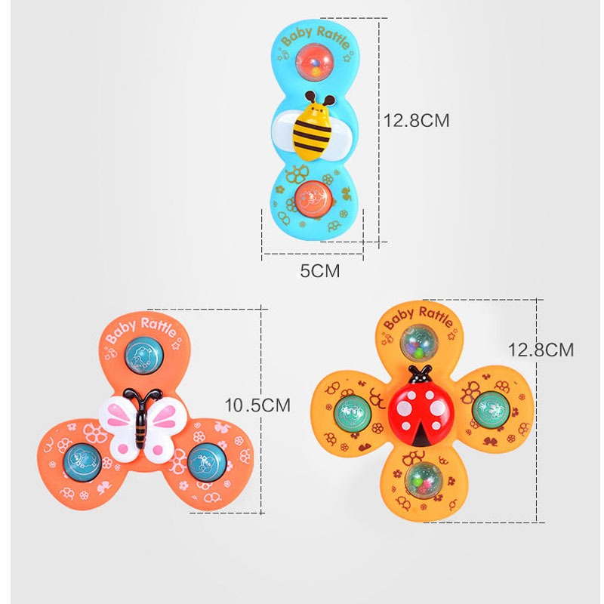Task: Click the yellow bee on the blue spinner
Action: (x=311, y=126)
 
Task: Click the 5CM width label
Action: (x=320, y=270)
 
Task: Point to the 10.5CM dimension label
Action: (x=257, y=405)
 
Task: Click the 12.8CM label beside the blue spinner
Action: (x=416, y=120)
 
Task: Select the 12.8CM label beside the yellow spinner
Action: (x=541, y=350)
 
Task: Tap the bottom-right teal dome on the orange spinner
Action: (x=204, y=461)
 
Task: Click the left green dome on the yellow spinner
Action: (x=351, y=411)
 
